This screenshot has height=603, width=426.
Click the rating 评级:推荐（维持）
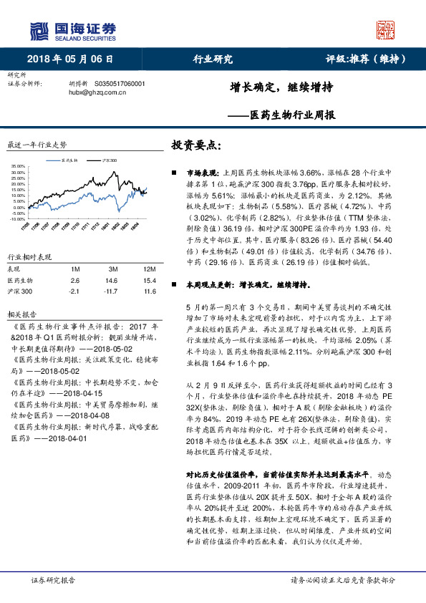click(x=367, y=59)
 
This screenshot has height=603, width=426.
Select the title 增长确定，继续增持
click(x=271, y=87)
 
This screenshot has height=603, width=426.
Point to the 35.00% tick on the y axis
click(x=19, y=167)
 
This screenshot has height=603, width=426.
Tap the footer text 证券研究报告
click(x=54, y=580)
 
